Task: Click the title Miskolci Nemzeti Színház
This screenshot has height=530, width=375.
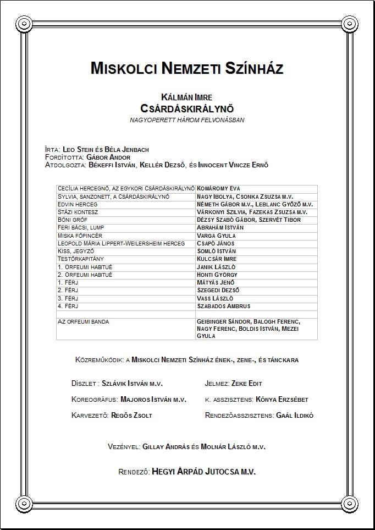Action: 187,69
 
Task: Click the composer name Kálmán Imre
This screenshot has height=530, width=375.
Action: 187,97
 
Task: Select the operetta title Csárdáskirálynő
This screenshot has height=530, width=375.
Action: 187,108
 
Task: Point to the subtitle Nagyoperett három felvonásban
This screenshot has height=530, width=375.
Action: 187,119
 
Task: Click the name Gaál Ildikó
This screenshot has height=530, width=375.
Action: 294,416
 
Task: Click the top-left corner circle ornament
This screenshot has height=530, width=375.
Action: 23,24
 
